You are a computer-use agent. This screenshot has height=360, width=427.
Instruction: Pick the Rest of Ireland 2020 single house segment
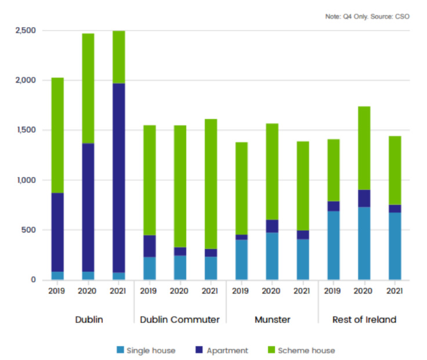(x=364, y=243)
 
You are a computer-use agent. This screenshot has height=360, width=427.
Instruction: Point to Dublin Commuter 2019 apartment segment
(x=149, y=246)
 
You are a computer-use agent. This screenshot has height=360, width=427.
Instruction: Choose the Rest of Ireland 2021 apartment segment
(x=395, y=208)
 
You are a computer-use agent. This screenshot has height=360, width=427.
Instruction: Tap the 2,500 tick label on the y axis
(x=25, y=30)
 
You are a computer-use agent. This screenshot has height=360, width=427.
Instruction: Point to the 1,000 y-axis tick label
(x=25, y=180)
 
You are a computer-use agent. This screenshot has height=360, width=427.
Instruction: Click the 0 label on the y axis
(x=33, y=280)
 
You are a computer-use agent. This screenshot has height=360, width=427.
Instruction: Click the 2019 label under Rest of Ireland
(x=333, y=291)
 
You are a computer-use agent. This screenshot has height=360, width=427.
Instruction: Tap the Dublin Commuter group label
(x=179, y=319)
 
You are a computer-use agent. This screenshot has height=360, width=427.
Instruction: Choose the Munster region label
(x=272, y=319)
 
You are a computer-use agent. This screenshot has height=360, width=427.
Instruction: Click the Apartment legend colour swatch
(x=199, y=350)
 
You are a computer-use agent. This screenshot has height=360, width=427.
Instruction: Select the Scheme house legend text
(x=306, y=350)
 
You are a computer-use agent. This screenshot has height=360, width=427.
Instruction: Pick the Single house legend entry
(x=146, y=350)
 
